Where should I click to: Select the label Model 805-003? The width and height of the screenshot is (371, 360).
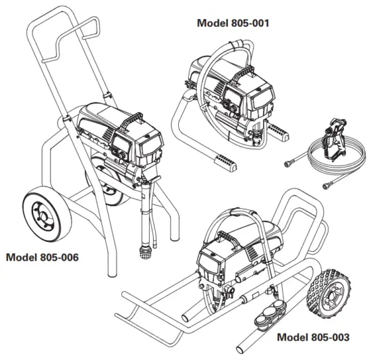coord(314,336)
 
